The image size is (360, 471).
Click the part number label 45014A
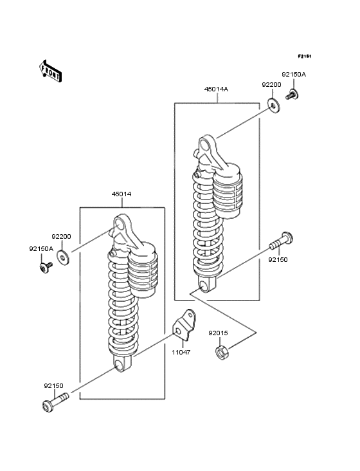point(217,89)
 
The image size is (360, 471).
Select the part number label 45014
point(122,194)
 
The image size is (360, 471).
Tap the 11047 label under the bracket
point(181,352)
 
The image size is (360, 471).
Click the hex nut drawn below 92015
point(221,352)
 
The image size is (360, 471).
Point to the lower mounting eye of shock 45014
point(120,365)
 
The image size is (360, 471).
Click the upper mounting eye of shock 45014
point(120,224)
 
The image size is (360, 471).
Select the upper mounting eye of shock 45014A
point(206,145)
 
